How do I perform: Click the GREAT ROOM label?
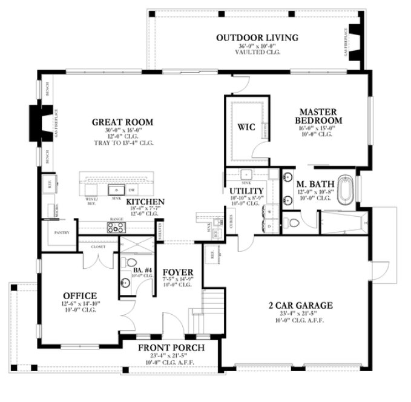coord(122,122)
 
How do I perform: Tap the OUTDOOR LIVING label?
coord(257,38)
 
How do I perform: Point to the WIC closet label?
coord(246,128)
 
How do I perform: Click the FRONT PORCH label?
coord(170,348)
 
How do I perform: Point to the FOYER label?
coord(178,272)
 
